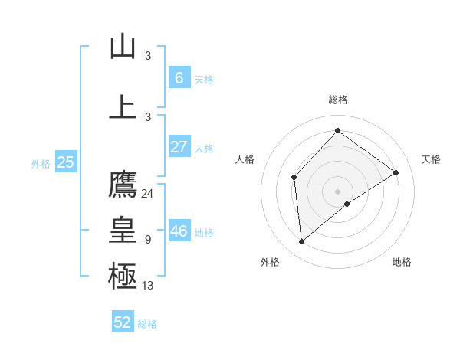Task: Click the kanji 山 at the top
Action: coord(123,47)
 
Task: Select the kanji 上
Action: coord(123,107)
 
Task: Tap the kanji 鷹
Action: coord(123,185)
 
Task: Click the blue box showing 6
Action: coord(179,78)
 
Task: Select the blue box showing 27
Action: coord(179,147)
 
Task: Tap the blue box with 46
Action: coord(179,231)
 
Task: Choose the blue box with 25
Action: coord(65,162)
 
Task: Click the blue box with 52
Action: coord(123,322)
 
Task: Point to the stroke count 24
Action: coord(147,194)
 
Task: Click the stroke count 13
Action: coord(148,286)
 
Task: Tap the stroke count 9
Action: coord(148,240)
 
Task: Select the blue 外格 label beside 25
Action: coord(41,163)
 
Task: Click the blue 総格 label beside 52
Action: coord(147,324)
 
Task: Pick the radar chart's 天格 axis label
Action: coord(431,159)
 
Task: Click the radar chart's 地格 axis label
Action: coord(402,262)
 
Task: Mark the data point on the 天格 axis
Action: coord(396,172)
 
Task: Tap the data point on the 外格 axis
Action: coord(302,242)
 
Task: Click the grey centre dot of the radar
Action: coord(337,191)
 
